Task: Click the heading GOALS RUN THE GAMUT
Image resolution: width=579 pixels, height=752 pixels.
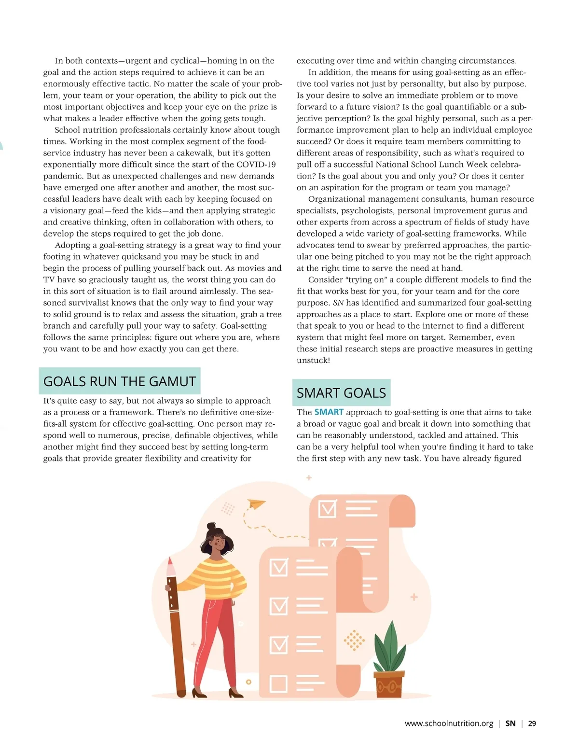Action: tap(119, 381)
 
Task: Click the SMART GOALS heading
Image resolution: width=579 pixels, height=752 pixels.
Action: tap(341, 393)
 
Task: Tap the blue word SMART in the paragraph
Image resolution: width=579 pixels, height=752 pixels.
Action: tap(329, 412)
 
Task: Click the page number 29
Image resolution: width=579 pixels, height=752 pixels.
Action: tap(532, 724)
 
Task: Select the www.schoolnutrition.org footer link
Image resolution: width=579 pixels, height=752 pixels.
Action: tap(449, 724)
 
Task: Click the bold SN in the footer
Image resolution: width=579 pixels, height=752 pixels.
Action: tap(510, 724)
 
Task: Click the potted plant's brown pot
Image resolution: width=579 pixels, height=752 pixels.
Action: tap(389, 684)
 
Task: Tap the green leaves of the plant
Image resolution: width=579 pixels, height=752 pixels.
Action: tap(390, 647)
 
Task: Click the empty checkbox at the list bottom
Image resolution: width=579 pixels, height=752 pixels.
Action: tap(278, 684)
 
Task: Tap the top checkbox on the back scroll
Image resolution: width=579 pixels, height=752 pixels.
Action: tap(328, 509)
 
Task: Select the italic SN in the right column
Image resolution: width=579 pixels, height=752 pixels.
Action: tap(338, 303)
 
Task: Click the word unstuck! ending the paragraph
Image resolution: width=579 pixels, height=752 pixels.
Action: tap(313, 361)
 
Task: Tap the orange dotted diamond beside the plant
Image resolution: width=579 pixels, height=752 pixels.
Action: tap(354, 641)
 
